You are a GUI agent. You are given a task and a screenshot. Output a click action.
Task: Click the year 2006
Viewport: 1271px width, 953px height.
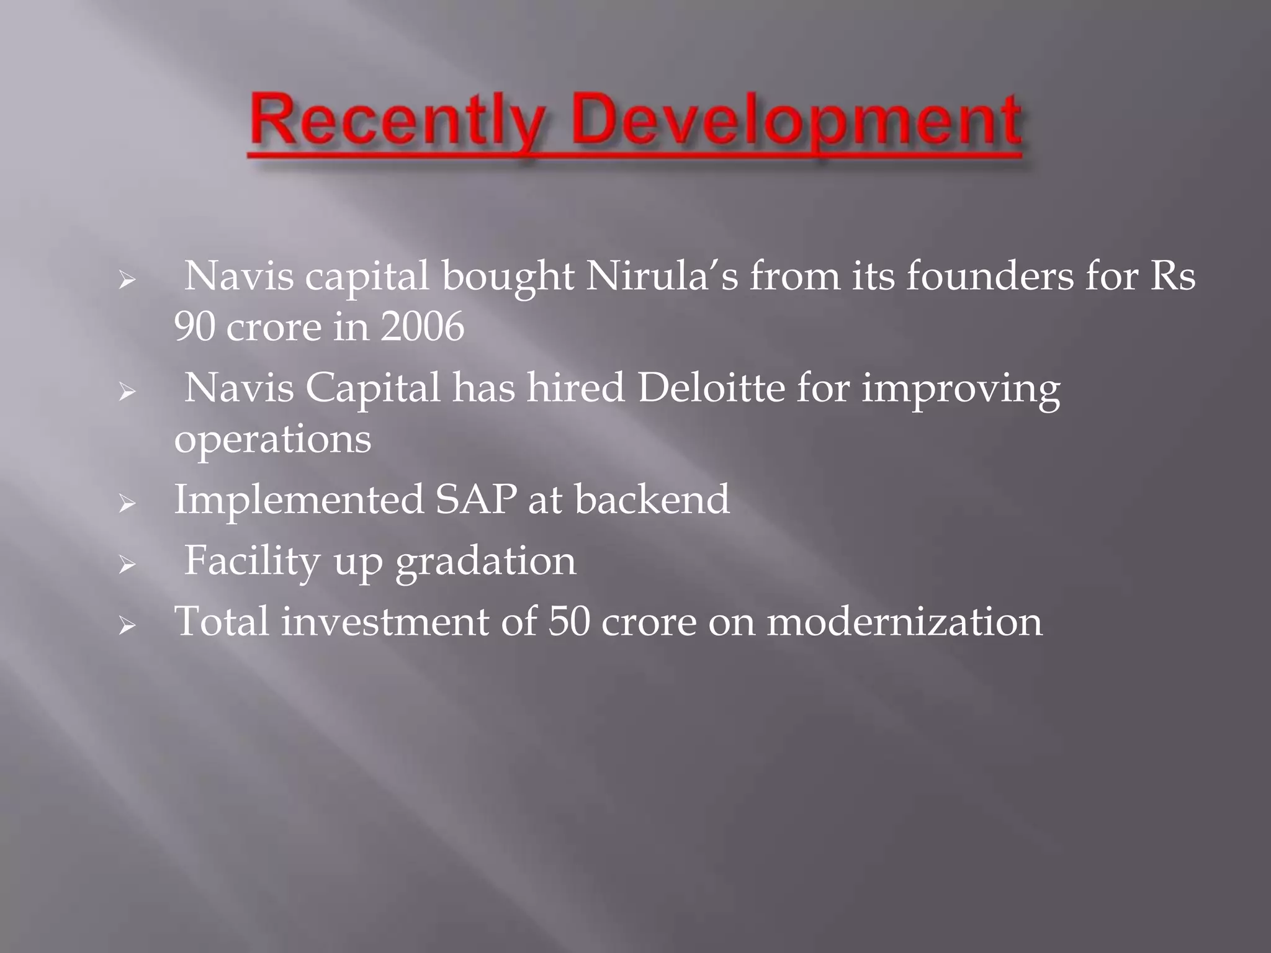point(422,327)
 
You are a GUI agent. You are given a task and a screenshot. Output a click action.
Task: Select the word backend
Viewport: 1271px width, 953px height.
point(652,499)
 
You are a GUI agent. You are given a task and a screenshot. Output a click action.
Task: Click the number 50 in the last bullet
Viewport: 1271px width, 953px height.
point(568,621)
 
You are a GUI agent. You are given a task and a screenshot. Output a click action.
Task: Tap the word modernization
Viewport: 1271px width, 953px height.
point(904,621)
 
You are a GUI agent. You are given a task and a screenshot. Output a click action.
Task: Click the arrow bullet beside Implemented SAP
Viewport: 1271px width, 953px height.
point(127,504)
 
